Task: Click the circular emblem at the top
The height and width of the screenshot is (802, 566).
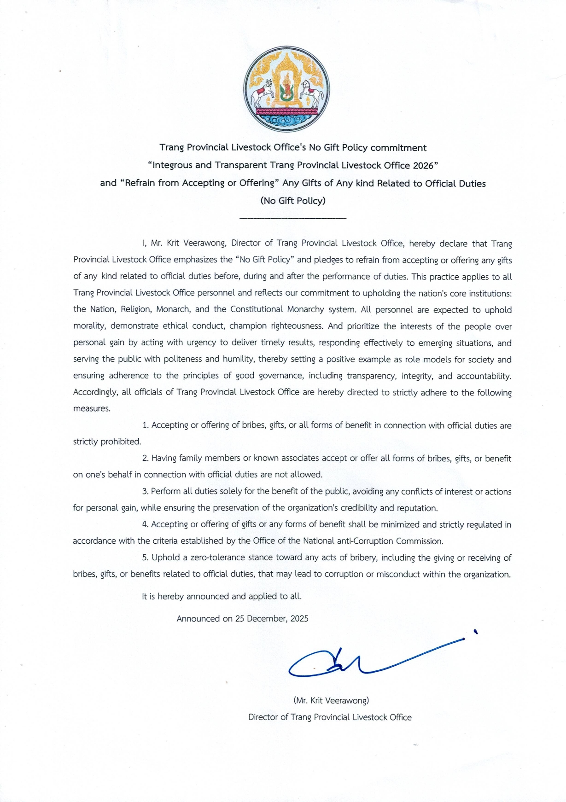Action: point(286,89)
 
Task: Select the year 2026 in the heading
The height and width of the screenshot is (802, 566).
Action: point(423,165)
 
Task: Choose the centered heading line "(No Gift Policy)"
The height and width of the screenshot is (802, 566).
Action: point(293,201)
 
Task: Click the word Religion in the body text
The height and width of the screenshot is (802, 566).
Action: point(135,309)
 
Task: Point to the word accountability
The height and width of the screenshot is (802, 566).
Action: point(484,376)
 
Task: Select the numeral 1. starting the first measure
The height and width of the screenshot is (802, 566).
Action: point(145,425)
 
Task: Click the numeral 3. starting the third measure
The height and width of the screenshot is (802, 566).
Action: point(145,492)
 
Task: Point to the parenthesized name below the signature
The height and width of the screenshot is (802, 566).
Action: point(331,700)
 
